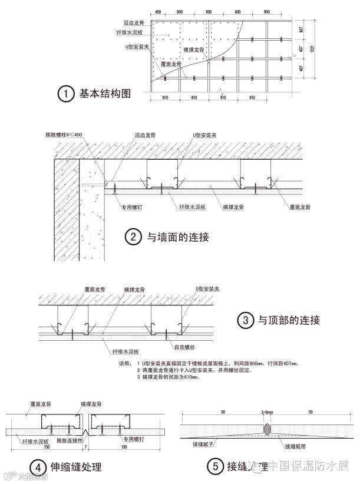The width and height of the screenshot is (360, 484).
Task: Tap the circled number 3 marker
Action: (x=245, y=321)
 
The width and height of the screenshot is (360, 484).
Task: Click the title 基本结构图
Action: (x=104, y=94)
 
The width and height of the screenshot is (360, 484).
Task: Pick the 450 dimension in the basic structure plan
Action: (x=157, y=12)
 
